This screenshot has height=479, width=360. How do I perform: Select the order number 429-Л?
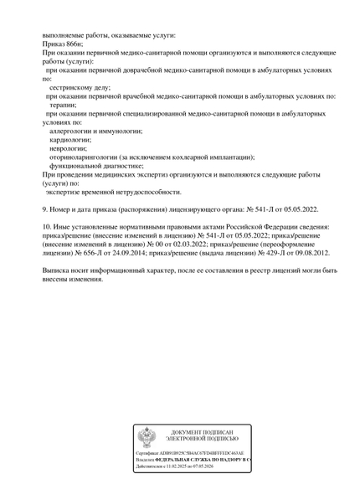coord(260,252)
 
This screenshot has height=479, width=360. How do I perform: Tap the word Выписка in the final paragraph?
coord(59,270)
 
